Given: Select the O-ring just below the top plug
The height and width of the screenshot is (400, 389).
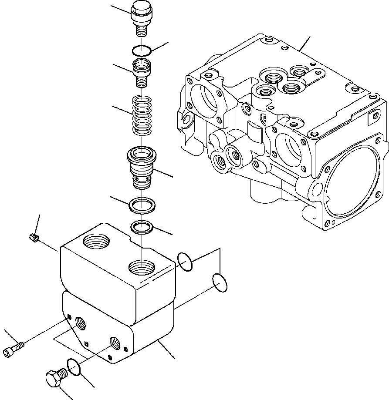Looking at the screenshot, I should [x=142, y=50].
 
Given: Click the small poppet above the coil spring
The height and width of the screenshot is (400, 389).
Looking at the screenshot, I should [x=142, y=70].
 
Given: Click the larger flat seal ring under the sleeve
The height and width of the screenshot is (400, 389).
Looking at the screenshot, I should [x=142, y=205].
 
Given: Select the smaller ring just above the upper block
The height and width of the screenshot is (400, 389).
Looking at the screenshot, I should [x=142, y=226].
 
